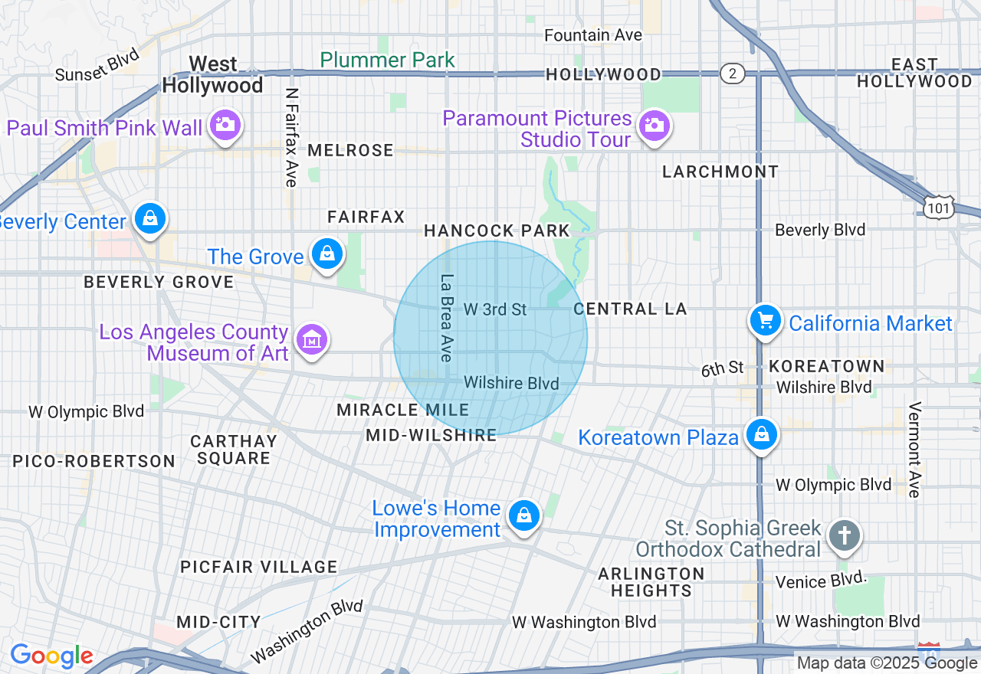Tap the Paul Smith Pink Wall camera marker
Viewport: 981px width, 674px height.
pos(225,125)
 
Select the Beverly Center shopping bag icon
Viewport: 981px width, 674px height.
pos(151,219)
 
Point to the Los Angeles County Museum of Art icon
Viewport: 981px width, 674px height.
pos(312,340)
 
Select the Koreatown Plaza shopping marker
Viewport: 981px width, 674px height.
pos(761,434)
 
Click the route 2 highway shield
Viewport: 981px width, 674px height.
pos(733,74)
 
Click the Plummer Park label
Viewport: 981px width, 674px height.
pos(387,60)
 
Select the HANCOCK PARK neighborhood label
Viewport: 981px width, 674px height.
pos(497,231)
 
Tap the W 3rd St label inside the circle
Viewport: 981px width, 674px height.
pos(495,309)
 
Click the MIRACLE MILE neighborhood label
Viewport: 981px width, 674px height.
pos(402,410)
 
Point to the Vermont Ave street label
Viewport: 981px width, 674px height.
pos(914,450)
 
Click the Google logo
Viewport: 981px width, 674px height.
pos(51,656)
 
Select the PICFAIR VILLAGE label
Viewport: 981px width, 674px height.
pos(258,567)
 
